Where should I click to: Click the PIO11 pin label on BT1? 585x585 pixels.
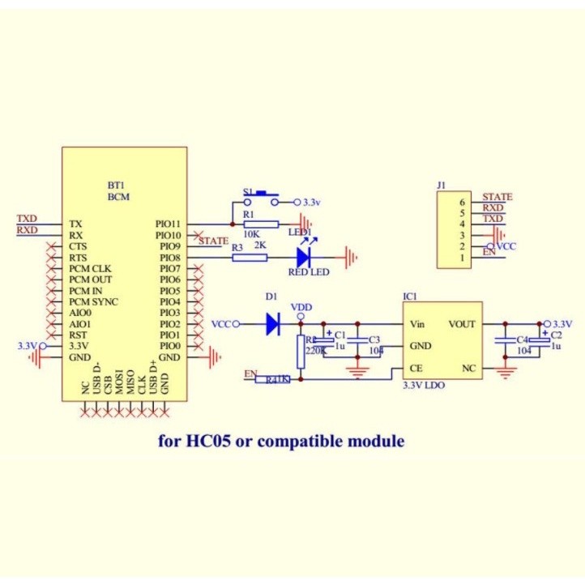[x=169, y=224]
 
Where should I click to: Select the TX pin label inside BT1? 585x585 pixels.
[x=75, y=224]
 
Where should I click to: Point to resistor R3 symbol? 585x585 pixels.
[x=250, y=258]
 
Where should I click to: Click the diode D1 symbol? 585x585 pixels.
[x=272, y=325]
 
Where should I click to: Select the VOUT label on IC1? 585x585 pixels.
[x=463, y=324]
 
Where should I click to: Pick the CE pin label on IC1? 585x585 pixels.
[x=416, y=368]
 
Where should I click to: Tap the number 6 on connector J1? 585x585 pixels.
[x=462, y=202]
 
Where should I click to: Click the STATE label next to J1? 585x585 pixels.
[x=497, y=197]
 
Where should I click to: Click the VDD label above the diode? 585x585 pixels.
[x=301, y=307]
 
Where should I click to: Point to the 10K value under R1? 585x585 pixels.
[x=251, y=233]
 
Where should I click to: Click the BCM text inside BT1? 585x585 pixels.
[x=118, y=197]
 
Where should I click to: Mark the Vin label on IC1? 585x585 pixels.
[x=417, y=324]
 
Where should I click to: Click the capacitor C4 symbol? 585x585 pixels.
[x=503, y=341]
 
